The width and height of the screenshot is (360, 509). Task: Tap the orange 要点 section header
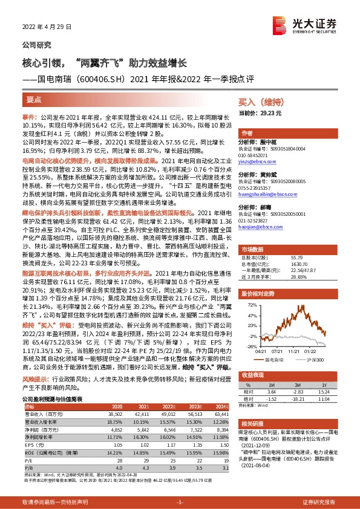pos(34,99)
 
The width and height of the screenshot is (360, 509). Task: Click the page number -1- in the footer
pos(180,503)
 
